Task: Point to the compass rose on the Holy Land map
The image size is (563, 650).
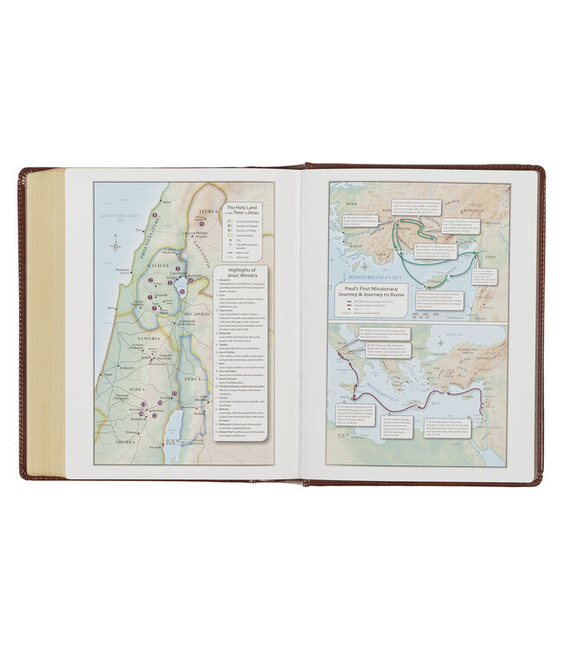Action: pyautogui.click(x=115, y=246)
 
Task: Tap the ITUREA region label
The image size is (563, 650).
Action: pyautogui.click(x=210, y=210)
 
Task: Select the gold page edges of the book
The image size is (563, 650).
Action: pyautogui.click(x=45, y=321)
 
